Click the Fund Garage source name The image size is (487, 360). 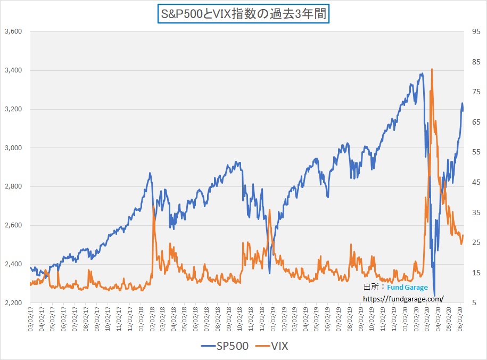[x=407, y=288]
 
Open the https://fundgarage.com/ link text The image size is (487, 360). [x=402, y=299]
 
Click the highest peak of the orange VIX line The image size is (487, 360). [x=432, y=69]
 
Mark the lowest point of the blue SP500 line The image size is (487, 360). [x=434, y=296]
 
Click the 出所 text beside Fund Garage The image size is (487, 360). [x=370, y=288]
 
